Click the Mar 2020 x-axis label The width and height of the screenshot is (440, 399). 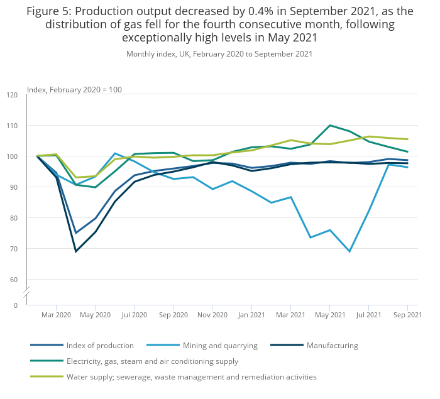56,314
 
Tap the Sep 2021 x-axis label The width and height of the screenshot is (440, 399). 408,314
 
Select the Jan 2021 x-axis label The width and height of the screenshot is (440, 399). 251,314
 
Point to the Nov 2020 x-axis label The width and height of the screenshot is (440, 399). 212,314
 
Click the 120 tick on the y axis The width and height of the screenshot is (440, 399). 12,95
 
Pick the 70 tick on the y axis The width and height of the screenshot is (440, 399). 14,249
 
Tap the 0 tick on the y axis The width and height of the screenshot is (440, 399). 16,305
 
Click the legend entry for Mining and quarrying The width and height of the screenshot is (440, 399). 220,346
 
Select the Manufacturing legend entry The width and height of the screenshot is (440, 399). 332,346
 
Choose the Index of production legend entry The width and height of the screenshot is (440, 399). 101,346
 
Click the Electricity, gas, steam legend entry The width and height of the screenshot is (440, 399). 152,361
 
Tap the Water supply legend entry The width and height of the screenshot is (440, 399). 191,377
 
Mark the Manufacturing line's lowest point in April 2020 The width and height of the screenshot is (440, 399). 76,251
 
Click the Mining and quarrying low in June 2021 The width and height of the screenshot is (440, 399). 349,251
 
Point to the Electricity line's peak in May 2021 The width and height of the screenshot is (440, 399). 330,126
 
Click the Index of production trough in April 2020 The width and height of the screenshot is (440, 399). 76,233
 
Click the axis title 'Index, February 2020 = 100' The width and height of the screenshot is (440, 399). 74,90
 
